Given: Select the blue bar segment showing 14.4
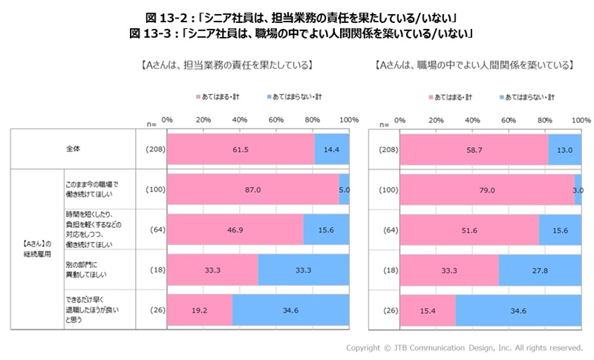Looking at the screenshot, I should click(331, 148).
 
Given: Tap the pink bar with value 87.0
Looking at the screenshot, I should click(252, 189).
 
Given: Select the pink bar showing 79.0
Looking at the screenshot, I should click(486, 189).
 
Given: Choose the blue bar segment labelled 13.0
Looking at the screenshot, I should click(564, 148).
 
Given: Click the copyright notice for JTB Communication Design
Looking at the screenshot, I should click(464, 347).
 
